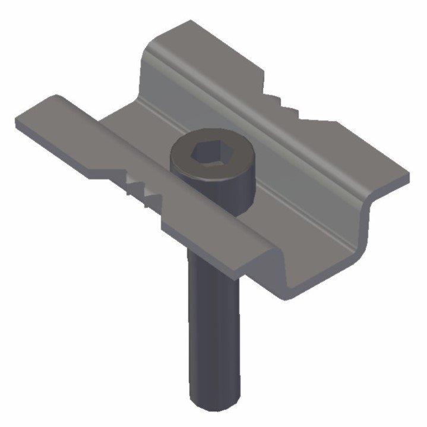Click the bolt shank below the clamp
[213, 333]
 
